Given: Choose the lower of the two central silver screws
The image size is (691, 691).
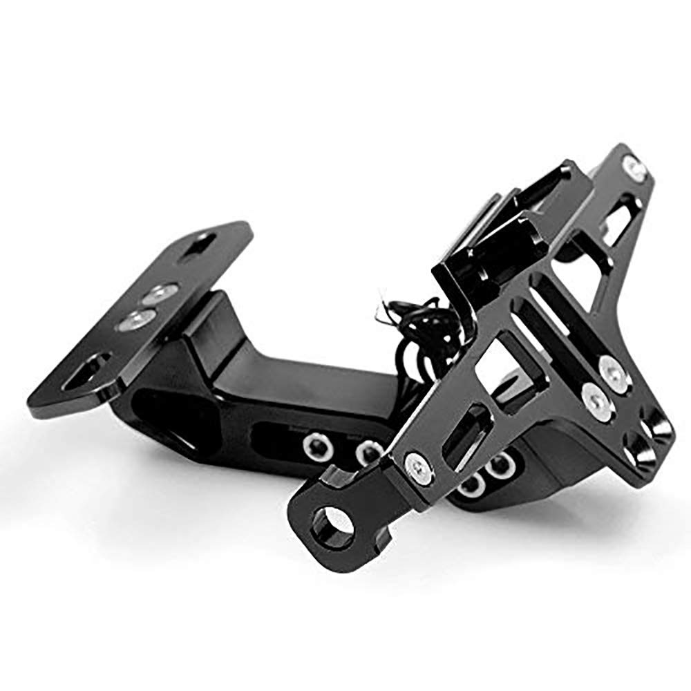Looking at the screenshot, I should coord(593,397).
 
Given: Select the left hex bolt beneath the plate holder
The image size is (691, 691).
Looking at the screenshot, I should coord(472,486).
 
